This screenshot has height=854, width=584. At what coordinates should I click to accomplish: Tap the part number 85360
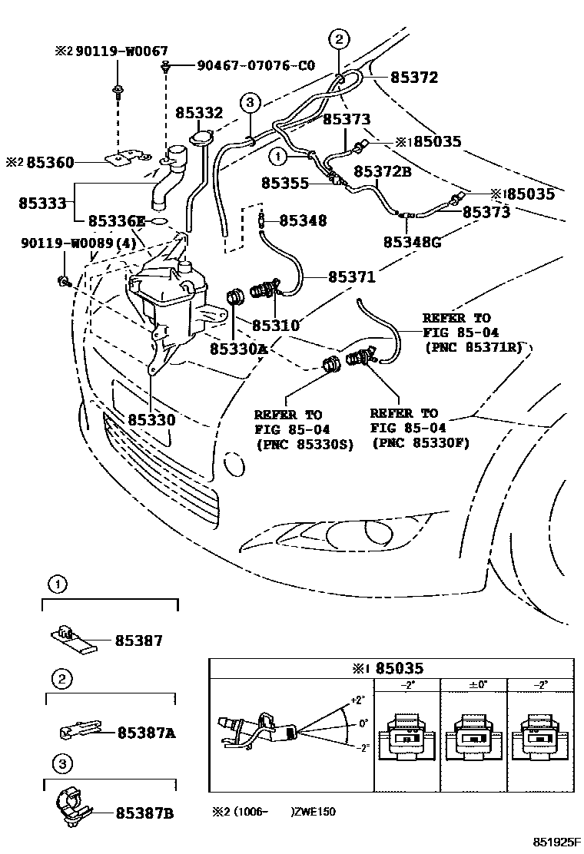click(51, 163)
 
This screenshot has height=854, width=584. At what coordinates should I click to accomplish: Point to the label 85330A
click(237, 349)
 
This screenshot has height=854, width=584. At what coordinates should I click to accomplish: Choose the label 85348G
click(412, 243)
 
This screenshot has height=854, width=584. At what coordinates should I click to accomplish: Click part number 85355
click(284, 184)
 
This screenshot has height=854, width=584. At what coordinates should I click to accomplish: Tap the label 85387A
click(146, 733)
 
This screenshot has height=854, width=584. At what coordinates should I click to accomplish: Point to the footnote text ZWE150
click(317, 812)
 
